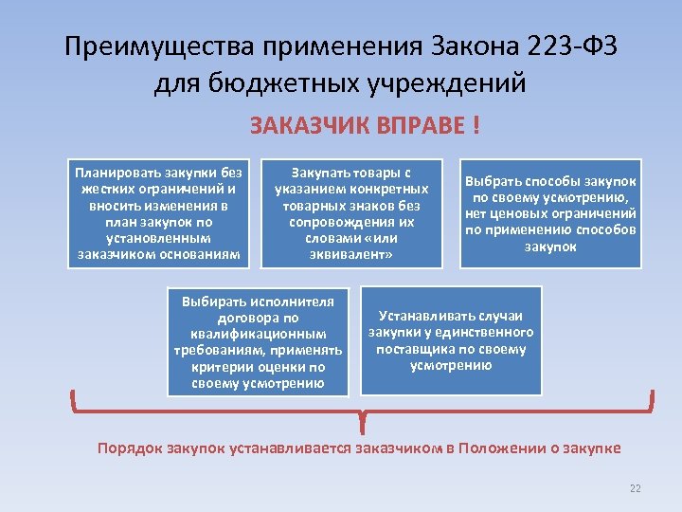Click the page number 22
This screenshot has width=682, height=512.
pyautogui.click(x=636, y=488)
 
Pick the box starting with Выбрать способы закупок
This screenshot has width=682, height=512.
pyautogui.click(x=549, y=213)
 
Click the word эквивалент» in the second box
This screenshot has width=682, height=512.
pyautogui.click(x=352, y=255)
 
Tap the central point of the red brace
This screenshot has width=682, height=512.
pyautogui.click(x=363, y=418)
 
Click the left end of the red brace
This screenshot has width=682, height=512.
pyautogui.click(x=75, y=398)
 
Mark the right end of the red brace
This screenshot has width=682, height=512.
pyautogui.click(x=653, y=398)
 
